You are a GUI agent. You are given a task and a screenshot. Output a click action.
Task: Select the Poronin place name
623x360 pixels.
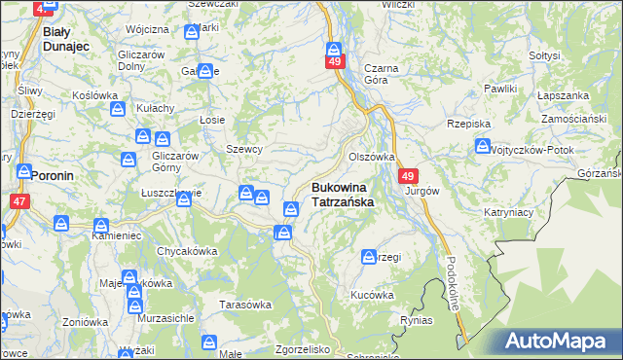point(49,176)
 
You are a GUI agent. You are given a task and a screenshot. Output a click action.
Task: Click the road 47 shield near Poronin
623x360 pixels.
point(19,200)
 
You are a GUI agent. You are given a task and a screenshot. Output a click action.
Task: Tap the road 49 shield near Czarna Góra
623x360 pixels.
point(334,62)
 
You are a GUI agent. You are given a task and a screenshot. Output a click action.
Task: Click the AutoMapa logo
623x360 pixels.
point(559,341)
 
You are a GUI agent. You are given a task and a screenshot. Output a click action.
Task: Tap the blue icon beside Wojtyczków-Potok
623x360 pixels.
point(483,147)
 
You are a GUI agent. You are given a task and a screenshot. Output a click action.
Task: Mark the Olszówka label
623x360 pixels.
point(371,156)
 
